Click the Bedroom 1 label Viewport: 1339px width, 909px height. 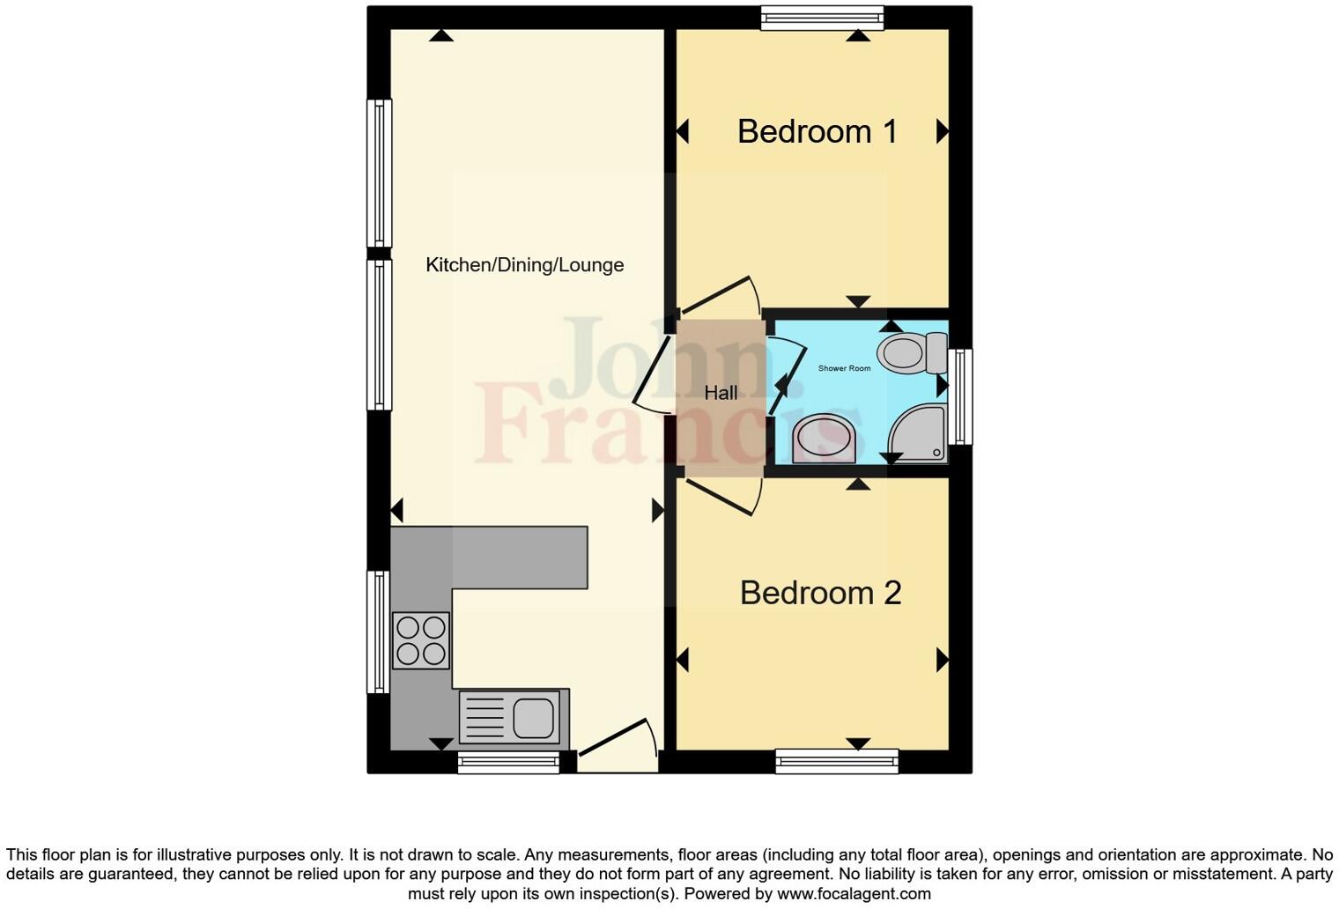[817, 131]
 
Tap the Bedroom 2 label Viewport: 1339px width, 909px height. [820, 593]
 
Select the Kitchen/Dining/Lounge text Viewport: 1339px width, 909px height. [524, 265]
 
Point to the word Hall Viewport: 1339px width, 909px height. [721, 393]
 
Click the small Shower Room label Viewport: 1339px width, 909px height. [844, 368]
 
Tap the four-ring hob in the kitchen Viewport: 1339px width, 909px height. [421, 640]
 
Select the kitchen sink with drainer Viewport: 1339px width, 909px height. [509, 717]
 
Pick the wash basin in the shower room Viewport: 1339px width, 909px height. [824, 438]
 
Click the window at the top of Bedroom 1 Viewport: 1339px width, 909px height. [822, 18]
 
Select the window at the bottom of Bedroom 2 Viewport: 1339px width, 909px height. [836, 761]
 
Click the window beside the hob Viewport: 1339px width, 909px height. [378, 632]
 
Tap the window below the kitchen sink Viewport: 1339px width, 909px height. [508, 762]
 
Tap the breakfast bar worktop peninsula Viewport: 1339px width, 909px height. [520, 557]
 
